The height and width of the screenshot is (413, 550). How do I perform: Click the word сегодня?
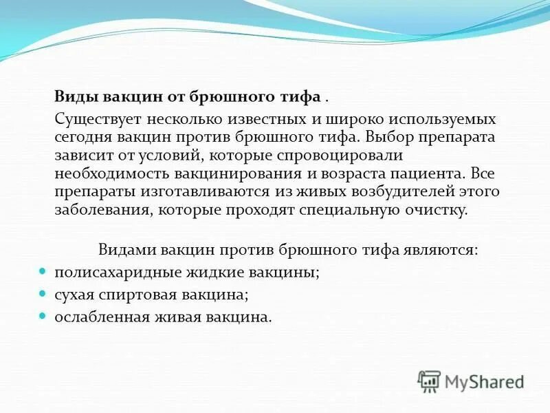pos(82,137)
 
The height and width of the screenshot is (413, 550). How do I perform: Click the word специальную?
pos(353,209)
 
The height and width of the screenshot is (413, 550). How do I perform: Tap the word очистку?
pos(440,209)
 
